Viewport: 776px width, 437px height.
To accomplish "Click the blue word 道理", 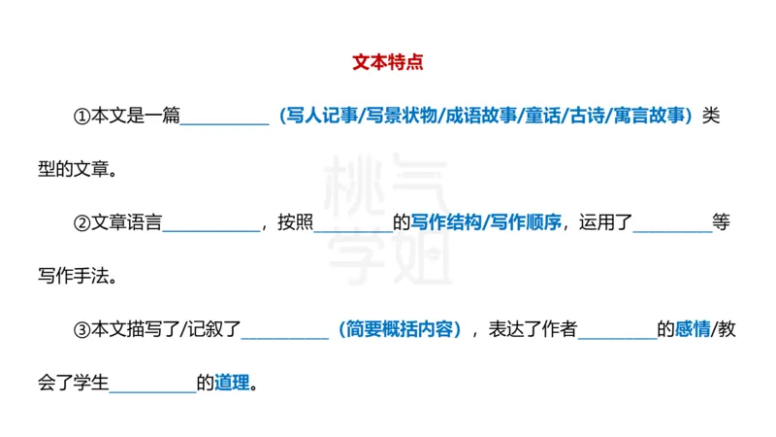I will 231,383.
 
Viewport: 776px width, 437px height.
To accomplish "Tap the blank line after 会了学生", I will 152,389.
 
